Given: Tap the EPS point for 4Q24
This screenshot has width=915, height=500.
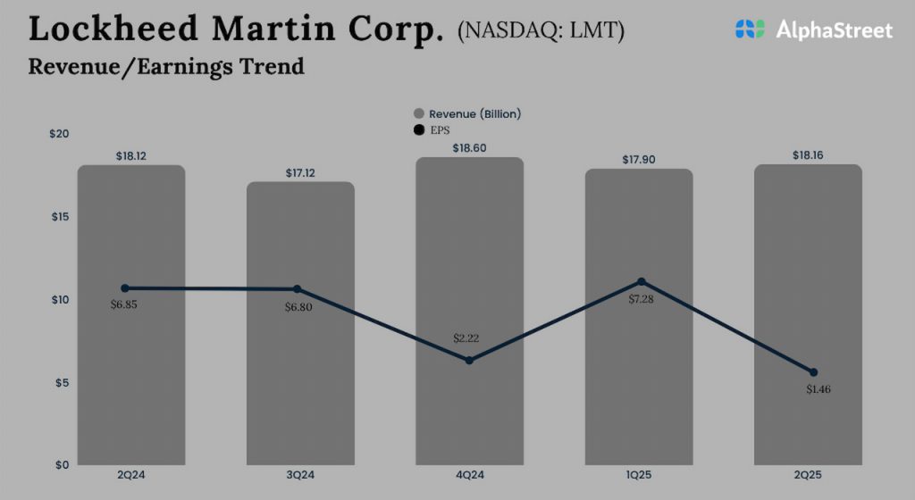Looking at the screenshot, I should click(469, 360).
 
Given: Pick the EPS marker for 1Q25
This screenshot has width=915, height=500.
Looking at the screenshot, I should click(641, 282).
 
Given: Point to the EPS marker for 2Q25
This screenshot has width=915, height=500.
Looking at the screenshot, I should click(813, 372).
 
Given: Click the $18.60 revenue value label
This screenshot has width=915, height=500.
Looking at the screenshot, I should click(469, 148).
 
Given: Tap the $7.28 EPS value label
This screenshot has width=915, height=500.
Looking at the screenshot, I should click(641, 299).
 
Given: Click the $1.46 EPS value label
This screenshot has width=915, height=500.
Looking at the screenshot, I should click(813, 389).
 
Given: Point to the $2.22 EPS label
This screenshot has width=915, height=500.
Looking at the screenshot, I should click(469, 338).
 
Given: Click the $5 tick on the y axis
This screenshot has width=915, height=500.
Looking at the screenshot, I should click(61, 382).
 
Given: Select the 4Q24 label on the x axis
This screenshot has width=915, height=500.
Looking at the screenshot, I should click(469, 474).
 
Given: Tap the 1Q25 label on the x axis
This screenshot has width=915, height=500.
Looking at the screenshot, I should click(641, 474).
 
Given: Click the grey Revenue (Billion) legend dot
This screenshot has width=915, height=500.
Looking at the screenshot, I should click(418, 114).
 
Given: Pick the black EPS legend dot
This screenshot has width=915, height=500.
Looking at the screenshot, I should click(418, 130).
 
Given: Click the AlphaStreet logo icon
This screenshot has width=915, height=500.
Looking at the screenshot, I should click(750, 29).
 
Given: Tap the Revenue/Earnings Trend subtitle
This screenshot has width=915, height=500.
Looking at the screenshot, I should click(166, 67).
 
